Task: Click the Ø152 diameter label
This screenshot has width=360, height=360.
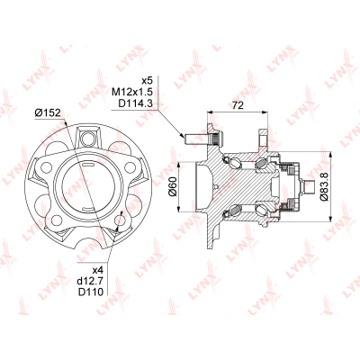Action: [x=48, y=113]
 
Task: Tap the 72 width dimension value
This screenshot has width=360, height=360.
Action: [x=238, y=105]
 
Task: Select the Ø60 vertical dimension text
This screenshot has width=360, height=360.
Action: [x=173, y=187]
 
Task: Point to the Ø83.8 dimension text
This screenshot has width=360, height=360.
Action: [x=325, y=186]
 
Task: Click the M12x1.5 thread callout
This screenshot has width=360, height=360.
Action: [x=132, y=92]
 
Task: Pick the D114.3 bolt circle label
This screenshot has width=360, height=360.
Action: [x=136, y=103]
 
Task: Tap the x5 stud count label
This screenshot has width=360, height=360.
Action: [x=147, y=81]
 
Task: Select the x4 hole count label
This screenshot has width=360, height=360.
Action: [x=98, y=270]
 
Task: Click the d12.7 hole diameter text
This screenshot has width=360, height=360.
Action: [x=90, y=281]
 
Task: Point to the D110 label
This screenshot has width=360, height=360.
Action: [x=91, y=292]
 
